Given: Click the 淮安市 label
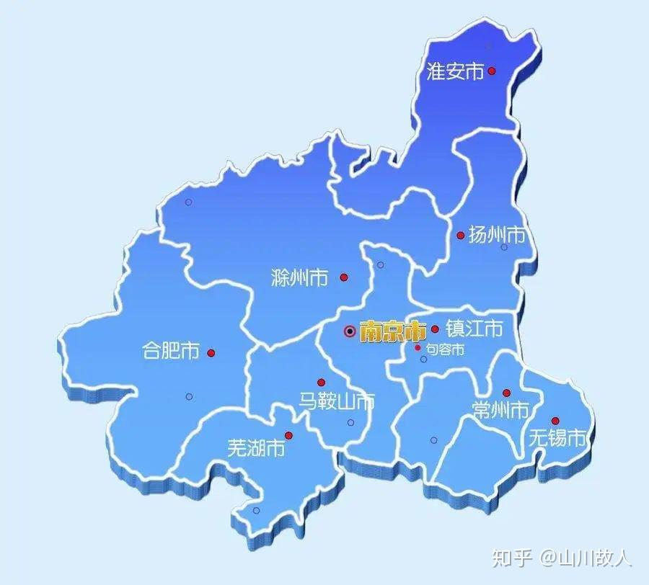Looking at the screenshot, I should click(455, 72).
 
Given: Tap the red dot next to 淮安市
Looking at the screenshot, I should click(492, 71).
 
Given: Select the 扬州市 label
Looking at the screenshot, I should click(497, 235).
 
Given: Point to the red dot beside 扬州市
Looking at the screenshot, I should click(461, 235).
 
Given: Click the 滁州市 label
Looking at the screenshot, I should click(299, 277).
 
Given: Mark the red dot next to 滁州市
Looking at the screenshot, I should click(344, 277).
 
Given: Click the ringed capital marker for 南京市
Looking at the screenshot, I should click(350, 331).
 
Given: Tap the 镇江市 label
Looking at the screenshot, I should click(474, 329).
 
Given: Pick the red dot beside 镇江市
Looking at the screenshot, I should click(435, 329).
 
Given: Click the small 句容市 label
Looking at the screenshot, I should click(444, 349).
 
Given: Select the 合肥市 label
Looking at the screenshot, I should click(171, 352).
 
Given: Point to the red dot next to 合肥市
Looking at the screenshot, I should click(211, 353).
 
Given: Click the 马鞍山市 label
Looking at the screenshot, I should click(337, 401).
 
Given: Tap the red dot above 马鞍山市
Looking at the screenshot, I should click(321, 383).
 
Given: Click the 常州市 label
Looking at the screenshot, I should click(500, 411).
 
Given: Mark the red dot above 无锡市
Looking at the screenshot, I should click(555, 421).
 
